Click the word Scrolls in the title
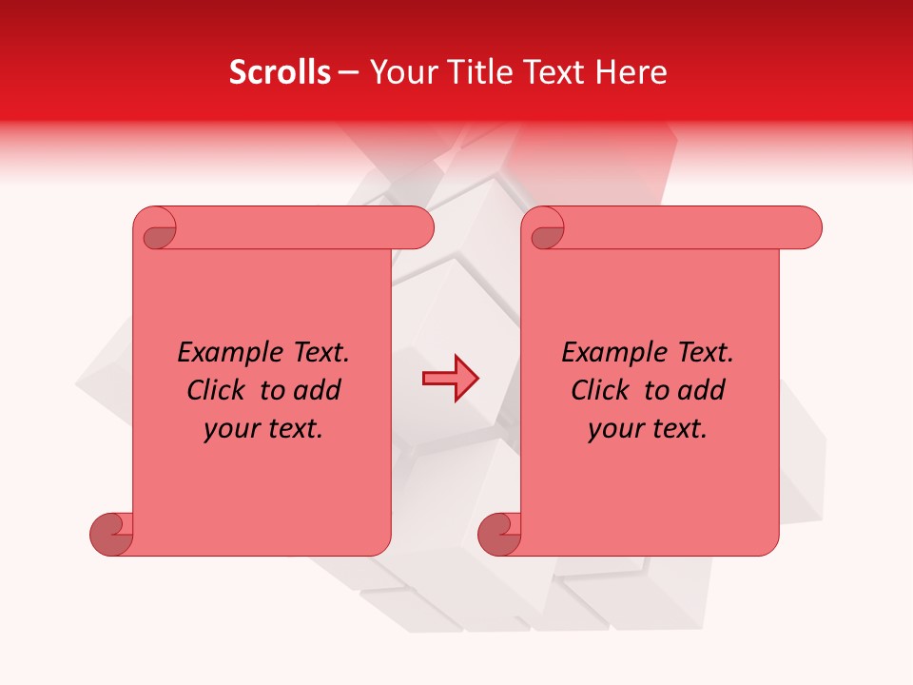280,72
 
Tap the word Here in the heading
631,72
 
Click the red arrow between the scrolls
450,379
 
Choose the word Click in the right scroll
600,391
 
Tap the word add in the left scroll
318,391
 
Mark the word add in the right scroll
702,391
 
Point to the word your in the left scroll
229,430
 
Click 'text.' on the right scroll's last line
678,430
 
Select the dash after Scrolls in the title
348,73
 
